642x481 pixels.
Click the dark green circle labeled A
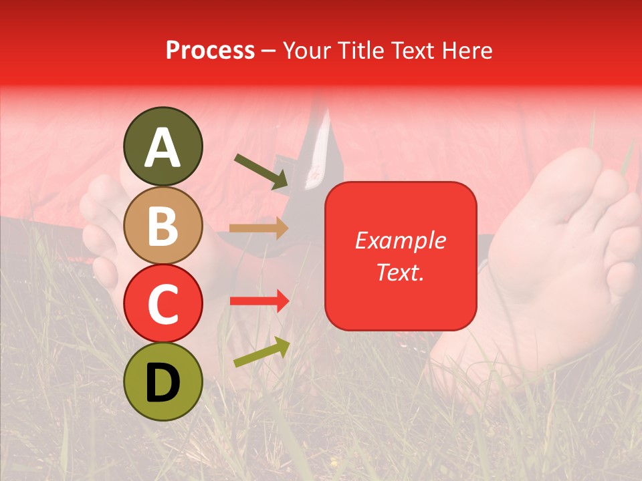click(x=163, y=146)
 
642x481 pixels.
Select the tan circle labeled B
click(x=163, y=225)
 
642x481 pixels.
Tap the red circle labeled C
click(x=163, y=303)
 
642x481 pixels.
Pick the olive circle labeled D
click(x=163, y=381)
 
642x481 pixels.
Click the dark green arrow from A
click(x=261, y=171)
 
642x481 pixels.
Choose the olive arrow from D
click(x=261, y=352)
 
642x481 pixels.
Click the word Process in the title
click(x=210, y=50)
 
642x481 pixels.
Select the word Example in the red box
click(x=400, y=240)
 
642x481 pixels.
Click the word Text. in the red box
click(x=400, y=272)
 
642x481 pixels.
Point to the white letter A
click(x=163, y=148)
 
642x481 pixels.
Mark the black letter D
click(x=163, y=382)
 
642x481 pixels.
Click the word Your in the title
click(x=305, y=50)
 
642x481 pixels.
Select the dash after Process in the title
click(x=268, y=51)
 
